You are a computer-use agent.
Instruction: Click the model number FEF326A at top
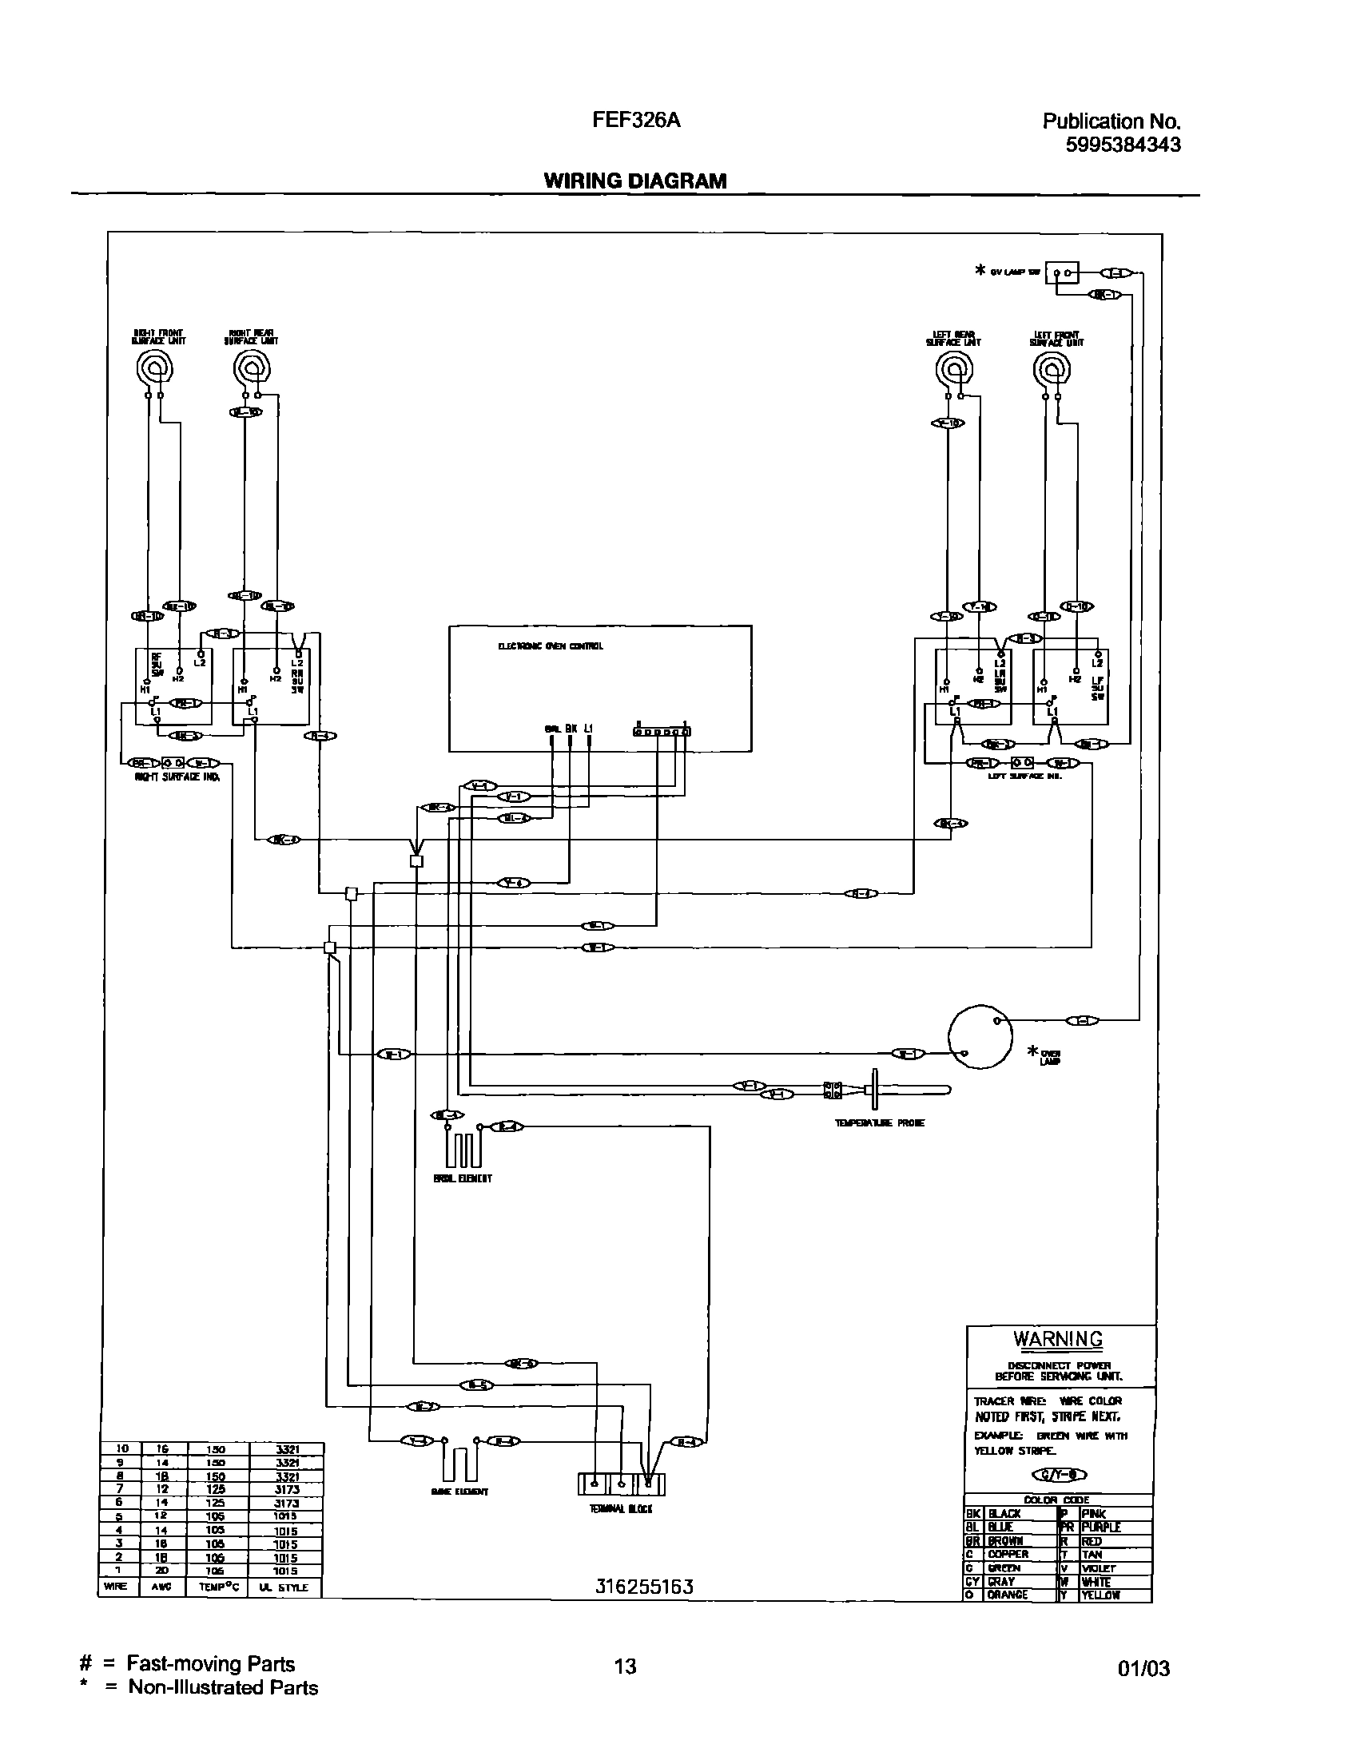tap(636, 120)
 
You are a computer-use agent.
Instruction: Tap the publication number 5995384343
tap(1123, 145)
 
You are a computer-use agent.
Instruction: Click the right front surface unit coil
tap(152, 370)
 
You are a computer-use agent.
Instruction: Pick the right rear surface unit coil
tap(253, 370)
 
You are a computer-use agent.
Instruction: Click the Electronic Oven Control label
tap(551, 646)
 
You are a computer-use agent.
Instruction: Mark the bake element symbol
tap(459, 1461)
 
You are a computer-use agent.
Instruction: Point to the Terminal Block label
tap(621, 1508)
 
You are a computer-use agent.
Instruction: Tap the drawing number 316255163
tap(644, 1587)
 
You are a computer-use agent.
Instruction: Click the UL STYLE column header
tap(285, 1587)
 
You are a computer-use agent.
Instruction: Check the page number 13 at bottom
tap(625, 1667)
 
